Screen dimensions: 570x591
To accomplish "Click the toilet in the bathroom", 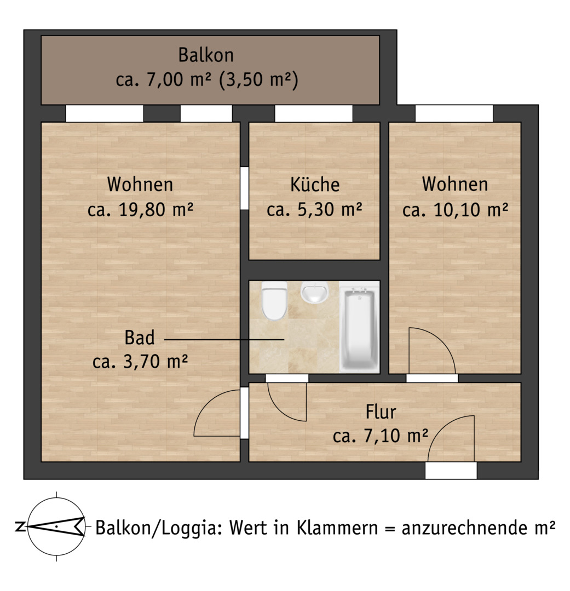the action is (275, 301).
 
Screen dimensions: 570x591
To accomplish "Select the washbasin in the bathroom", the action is (315, 292).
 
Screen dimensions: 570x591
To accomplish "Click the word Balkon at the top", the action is (206, 55).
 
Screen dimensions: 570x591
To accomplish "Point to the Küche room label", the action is (315, 185).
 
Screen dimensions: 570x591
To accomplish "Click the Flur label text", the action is (381, 412).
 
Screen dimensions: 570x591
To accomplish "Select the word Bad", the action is (140, 338).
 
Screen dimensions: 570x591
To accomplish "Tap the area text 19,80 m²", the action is (156, 210).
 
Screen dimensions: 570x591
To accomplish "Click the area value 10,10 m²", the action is (471, 210).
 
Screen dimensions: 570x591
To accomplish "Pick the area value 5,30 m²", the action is (330, 210).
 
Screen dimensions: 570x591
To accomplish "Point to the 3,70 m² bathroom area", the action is (156, 362).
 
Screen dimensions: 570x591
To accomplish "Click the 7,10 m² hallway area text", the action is (396, 436).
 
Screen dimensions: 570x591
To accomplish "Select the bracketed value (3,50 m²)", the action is (259, 79).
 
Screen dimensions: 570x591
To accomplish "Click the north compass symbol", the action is (56, 526).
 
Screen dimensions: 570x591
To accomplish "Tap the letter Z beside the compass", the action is (20, 526).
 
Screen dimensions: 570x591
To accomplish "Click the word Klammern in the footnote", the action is (337, 528).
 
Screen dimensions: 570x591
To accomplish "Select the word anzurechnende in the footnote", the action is (464, 528).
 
